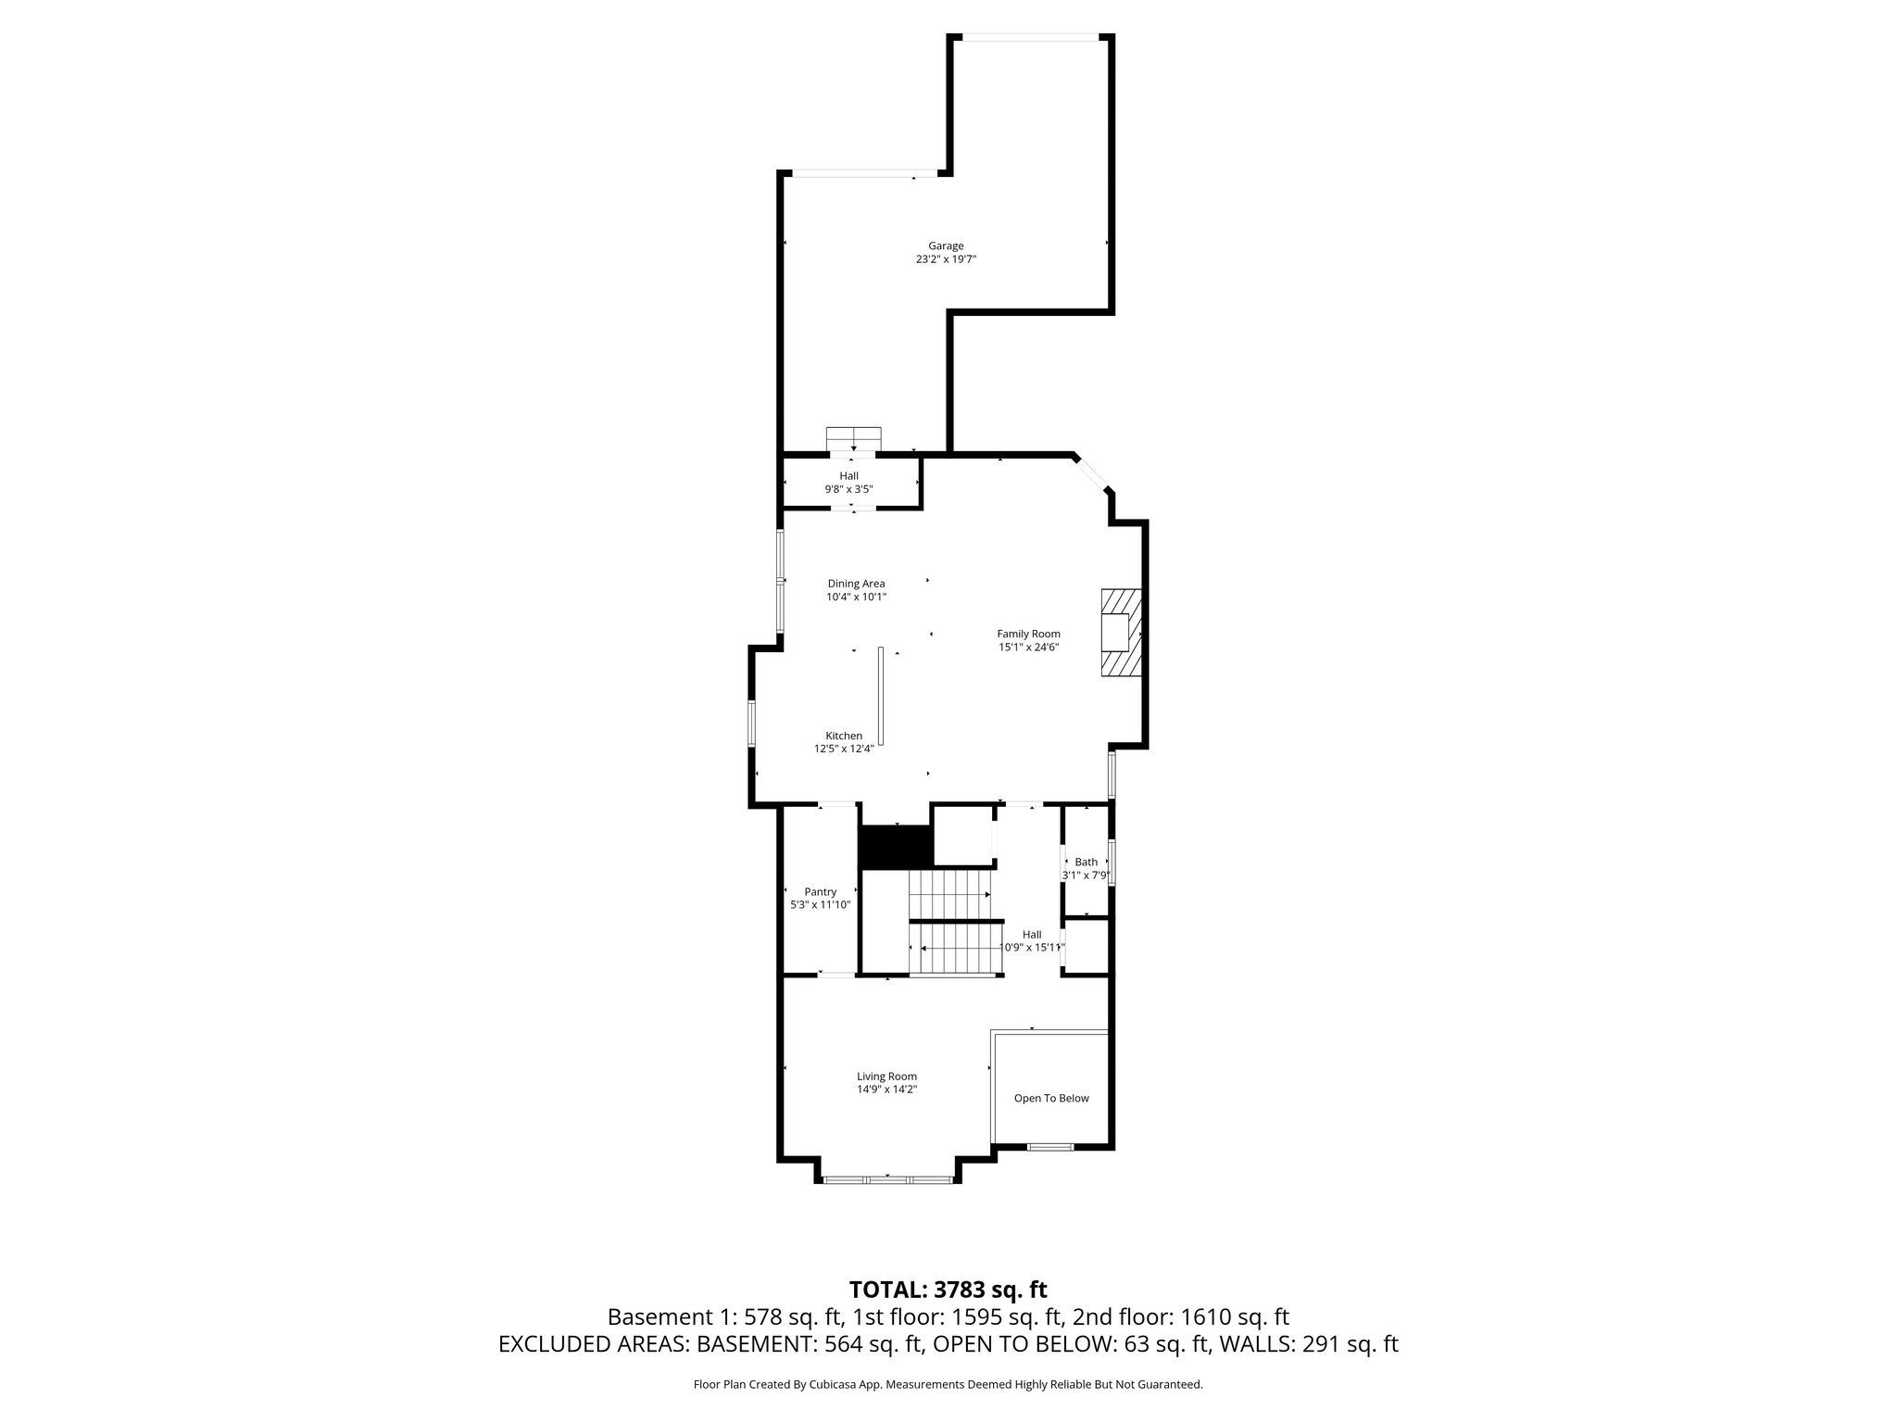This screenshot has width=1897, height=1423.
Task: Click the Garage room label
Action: [946, 246]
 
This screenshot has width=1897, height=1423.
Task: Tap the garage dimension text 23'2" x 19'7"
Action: [946, 260]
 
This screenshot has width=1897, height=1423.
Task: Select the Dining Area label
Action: [856, 584]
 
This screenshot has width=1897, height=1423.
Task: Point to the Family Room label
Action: [1028, 634]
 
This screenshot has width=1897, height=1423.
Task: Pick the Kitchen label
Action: [844, 736]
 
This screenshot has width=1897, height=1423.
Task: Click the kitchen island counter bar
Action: [882, 696]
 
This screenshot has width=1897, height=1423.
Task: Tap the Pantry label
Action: [820, 892]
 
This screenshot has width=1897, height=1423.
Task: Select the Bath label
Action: [1086, 862]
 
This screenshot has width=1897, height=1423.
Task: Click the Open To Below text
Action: [1051, 1098]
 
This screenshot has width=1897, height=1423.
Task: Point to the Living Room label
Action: [886, 1077]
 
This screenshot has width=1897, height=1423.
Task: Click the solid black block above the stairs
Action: [895, 846]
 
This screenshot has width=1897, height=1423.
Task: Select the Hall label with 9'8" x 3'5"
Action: [848, 475]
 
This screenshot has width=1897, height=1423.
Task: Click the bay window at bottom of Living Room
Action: [887, 1179]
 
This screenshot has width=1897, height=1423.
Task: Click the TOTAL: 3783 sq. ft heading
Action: [948, 1290]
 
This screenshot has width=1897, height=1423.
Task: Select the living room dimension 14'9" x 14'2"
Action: [886, 1090]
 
